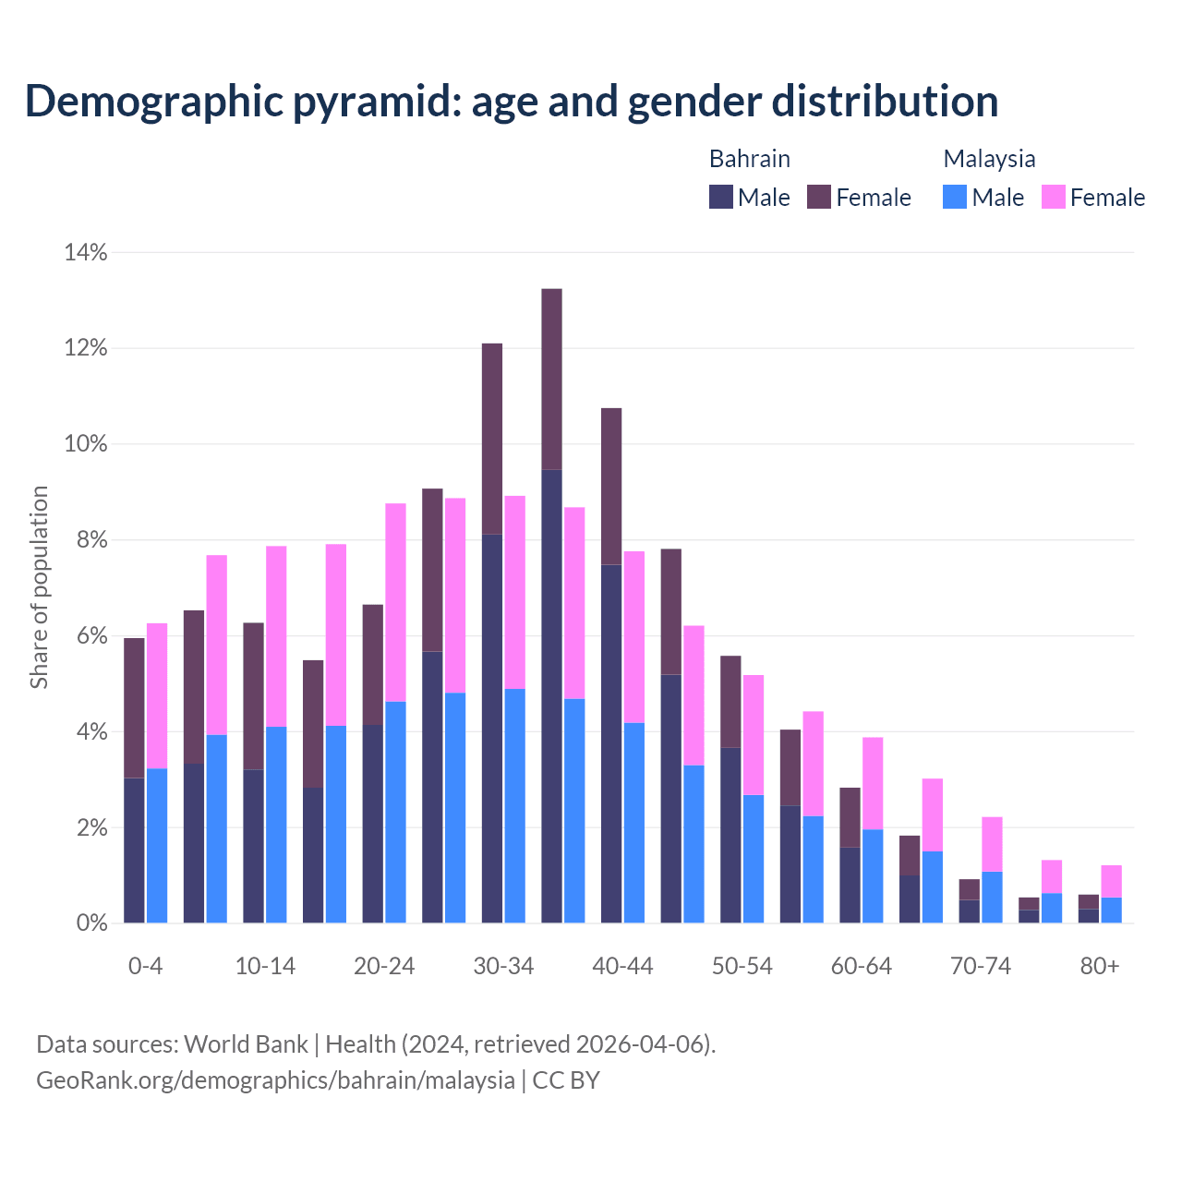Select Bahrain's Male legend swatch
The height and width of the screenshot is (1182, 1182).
(x=720, y=197)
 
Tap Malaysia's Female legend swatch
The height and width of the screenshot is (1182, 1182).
(x=1053, y=197)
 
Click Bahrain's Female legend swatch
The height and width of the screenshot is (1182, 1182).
(x=819, y=197)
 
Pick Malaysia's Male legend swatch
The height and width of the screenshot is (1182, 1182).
(x=955, y=197)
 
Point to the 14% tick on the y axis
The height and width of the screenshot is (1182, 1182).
(x=86, y=252)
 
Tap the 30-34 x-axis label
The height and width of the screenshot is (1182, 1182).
(x=503, y=967)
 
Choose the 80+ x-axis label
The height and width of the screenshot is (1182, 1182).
(x=1100, y=967)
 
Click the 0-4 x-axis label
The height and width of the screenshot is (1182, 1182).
(x=145, y=967)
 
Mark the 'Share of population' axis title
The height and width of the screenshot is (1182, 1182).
(x=39, y=587)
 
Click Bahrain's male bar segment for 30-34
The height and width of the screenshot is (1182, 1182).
(x=492, y=729)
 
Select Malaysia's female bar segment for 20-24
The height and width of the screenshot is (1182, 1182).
(x=395, y=602)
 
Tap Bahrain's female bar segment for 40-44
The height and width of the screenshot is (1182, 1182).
(x=611, y=486)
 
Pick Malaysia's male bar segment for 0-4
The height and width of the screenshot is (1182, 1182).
(x=157, y=845)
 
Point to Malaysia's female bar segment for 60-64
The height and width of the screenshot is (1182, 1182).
(x=873, y=783)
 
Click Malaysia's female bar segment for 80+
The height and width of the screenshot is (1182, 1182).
(x=1111, y=881)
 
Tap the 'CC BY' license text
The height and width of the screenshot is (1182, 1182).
(x=566, y=1080)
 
